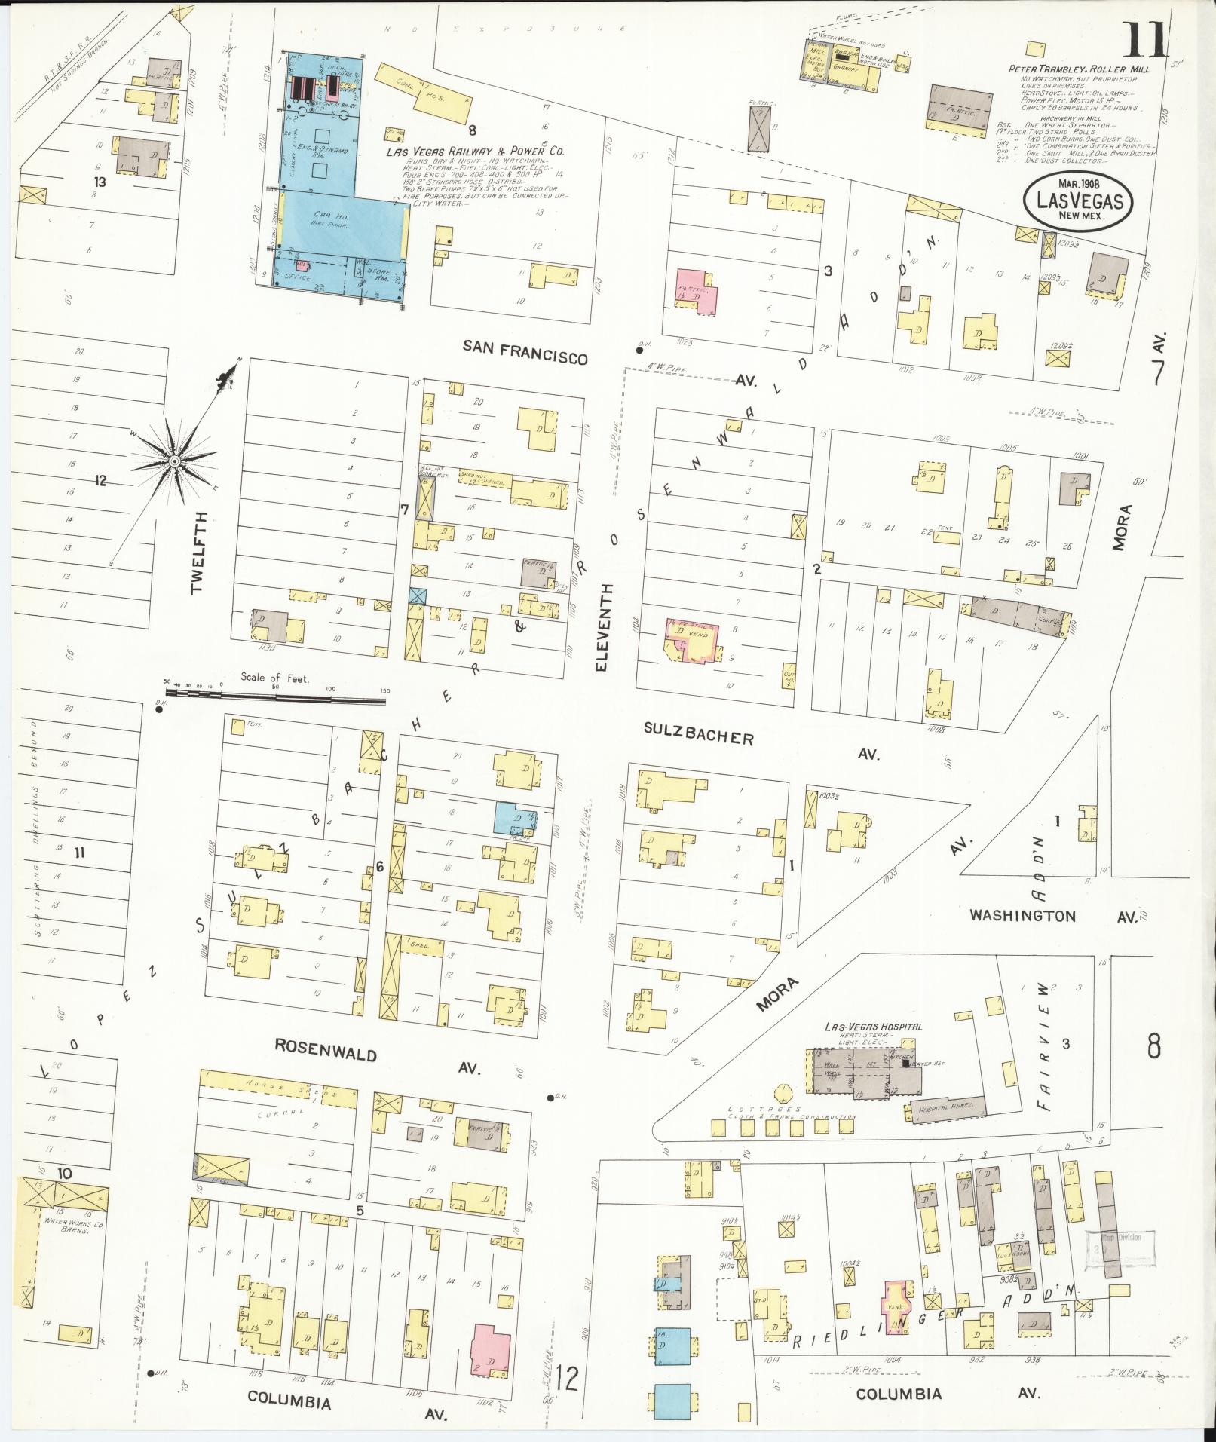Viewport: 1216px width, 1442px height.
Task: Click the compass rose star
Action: (x=174, y=461)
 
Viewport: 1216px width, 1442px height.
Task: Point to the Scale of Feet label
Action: (x=260, y=676)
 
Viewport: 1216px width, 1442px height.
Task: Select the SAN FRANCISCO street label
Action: (x=525, y=351)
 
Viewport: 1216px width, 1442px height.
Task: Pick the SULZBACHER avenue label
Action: (x=699, y=733)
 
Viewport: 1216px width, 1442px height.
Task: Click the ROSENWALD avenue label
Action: (x=325, y=1050)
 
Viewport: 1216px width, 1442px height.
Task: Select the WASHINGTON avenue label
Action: (x=1022, y=915)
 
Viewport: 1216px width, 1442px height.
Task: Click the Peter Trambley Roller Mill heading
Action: (x=1079, y=69)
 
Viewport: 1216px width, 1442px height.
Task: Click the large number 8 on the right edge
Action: (x=1153, y=1047)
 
